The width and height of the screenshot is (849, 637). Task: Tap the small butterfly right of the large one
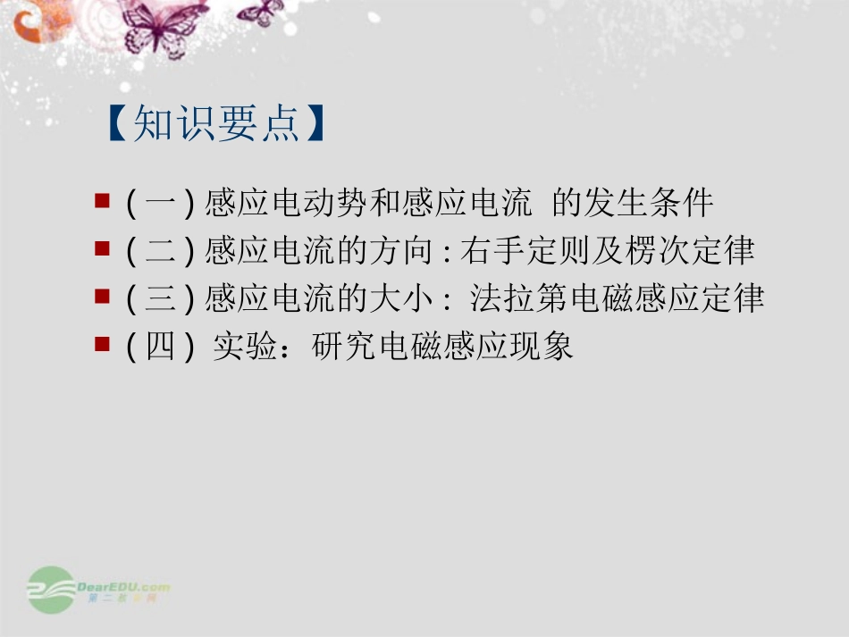(260, 12)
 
